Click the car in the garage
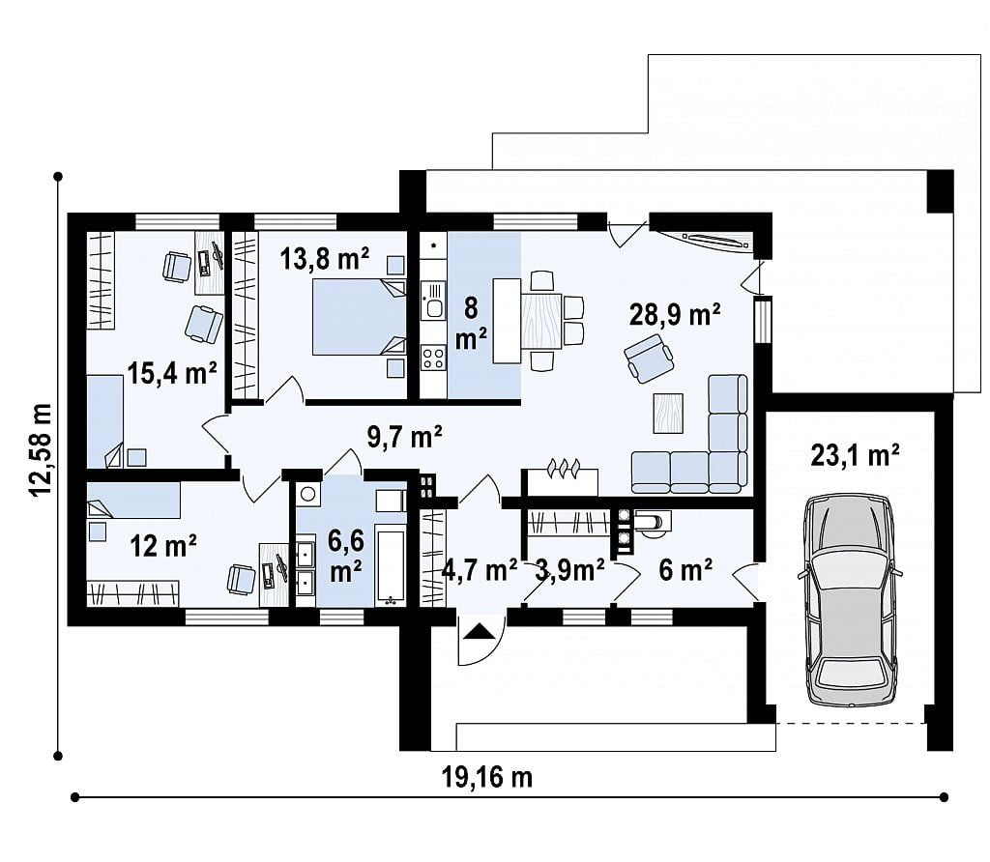coord(849,599)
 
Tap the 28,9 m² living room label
coord(675,314)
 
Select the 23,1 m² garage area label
coord(855,454)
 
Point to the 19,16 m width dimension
coord(487,777)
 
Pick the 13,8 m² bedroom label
coord(325,258)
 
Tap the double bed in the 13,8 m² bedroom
coord(360,317)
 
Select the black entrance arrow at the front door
coord(478,632)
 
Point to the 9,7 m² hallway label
coord(404,436)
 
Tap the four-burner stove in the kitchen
coord(434,358)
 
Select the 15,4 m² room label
coord(172,373)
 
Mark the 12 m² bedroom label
coord(162,545)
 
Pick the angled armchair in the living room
coord(649,358)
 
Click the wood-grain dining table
coord(541,321)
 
